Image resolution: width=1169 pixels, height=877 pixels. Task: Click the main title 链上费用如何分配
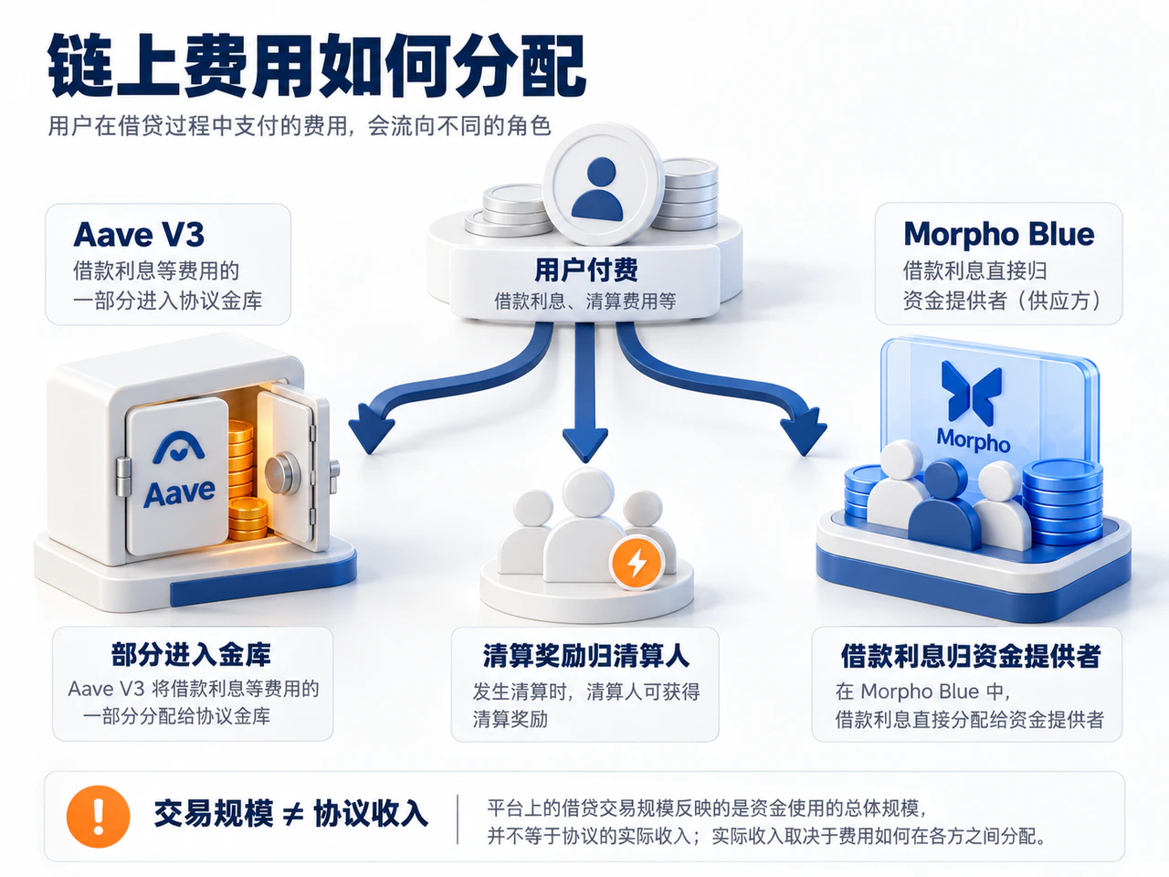pyautogui.click(x=318, y=66)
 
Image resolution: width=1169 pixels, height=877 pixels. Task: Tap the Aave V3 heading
pyautogui.click(x=139, y=234)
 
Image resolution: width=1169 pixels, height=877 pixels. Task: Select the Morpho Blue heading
pyautogui.click(x=999, y=235)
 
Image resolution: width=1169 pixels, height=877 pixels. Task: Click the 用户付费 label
pyautogui.click(x=585, y=270)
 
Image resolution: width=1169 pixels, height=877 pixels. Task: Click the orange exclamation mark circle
pyautogui.click(x=98, y=817)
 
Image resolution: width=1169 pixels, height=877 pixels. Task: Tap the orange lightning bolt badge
pyautogui.click(x=637, y=563)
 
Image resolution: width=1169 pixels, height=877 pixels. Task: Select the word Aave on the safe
pyautogui.click(x=180, y=493)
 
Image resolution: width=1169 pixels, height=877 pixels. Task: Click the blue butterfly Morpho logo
pyautogui.click(x=972, y=393)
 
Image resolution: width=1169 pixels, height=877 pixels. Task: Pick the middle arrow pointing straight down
pyautogui.click(x=585, y=393)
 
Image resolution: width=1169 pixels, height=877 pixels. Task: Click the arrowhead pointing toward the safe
pyautogui.click(x=371, y=428)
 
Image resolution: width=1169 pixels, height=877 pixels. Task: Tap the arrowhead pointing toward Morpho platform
pyautogui.click(x=803, y=429)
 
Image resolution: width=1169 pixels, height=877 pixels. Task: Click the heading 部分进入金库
pyautogui.click(x=191, y=654)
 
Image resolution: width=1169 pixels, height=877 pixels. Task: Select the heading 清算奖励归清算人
pyautogui.click(x=585, y=656)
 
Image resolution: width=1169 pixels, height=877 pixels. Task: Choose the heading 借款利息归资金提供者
pyautogui.click(x=970, y=656)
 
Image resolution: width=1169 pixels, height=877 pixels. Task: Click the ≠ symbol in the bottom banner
pyautogui.click(x=293, y=815)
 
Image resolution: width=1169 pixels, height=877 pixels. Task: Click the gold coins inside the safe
pyautogui.click(x=244, y=480)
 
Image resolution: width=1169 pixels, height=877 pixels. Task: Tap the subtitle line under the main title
pyautogui.click(x=300, y=126)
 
